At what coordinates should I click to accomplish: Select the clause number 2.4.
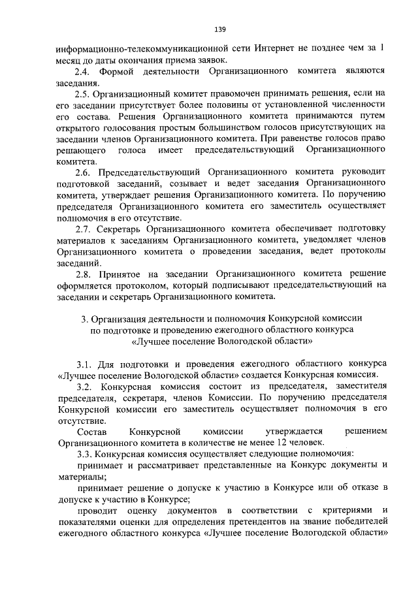click(84, 71)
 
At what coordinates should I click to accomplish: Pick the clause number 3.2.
click(86, 386)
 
